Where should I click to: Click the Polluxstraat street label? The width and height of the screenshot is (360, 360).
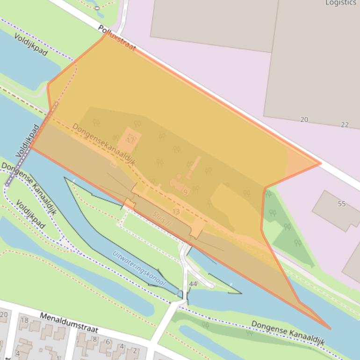coord(117,38)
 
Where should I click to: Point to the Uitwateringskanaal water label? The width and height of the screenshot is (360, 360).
coord(139,268)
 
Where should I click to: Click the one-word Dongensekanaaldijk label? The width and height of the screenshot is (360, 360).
coord(103,144)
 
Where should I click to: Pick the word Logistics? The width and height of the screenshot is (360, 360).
coord(341,3)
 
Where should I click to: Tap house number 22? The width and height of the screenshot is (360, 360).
coord(345,124)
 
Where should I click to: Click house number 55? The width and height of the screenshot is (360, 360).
coord(341,204)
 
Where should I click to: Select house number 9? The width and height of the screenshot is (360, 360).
coord(185,192)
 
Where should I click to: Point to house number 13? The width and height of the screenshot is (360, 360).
coord(176,212)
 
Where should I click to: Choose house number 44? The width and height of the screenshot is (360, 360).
coord(193,284)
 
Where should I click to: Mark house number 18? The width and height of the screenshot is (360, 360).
coord(24,320)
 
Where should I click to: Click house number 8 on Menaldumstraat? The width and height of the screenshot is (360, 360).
coord(94,339)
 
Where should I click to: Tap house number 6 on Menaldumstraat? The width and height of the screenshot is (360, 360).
coord(108,342)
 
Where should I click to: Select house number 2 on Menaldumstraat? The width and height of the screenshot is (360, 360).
coord(135,350)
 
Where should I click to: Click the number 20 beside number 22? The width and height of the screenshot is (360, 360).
coord(304,120)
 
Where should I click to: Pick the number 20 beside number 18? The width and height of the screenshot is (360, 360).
coord(4,315)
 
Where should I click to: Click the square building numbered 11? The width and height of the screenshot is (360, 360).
coord(130,140)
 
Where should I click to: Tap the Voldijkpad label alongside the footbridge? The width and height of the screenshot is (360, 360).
coord(29,141)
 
